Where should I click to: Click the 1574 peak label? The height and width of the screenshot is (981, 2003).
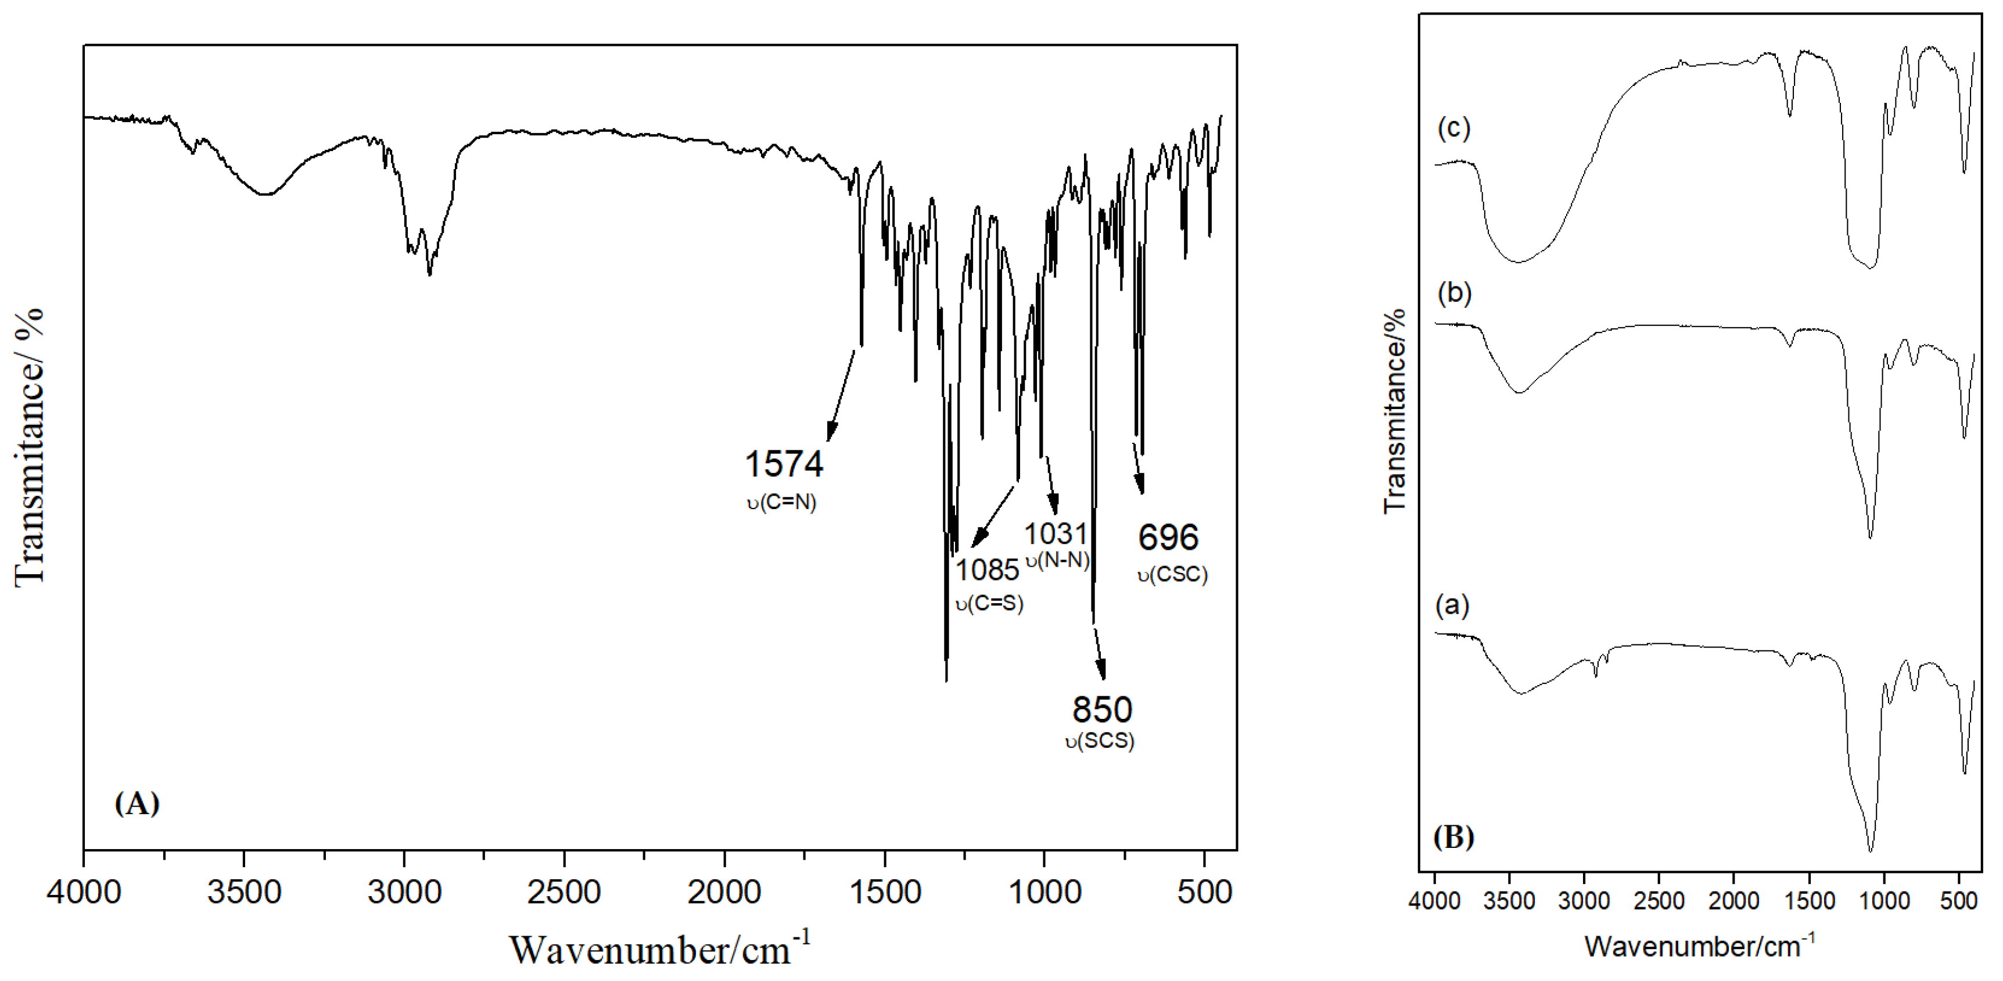click(x=784, y=464)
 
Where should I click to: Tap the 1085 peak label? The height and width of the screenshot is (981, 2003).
click(x=986, y=570)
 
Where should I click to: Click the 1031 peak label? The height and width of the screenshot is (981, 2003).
click(x=1054, y=534)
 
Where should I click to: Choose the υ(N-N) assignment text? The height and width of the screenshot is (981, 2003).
click(x=1057, y=560)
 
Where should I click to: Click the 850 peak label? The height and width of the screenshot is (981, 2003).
click(x=1102, y=710)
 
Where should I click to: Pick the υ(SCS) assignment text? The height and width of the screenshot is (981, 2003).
click(x=1100, y=740)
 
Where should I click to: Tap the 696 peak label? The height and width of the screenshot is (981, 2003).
click(x=1168, y=538)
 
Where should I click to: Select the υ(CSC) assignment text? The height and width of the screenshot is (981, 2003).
click(x=1172, y=575)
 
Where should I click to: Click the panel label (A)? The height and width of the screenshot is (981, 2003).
click(x=137, y=803)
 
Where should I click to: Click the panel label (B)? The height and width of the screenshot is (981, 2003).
click(x=1452, y=836)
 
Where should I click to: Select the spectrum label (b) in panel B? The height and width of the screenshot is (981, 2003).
click(x=1454, y=293)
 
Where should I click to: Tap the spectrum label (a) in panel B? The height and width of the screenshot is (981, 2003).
click(x=1452, y=604)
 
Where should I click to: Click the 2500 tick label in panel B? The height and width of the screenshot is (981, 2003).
click(x=1659, y=901)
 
